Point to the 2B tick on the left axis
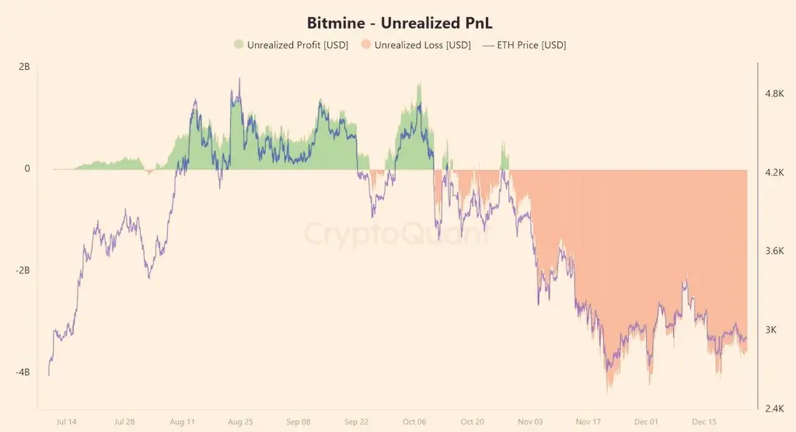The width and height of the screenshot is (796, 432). pyautogui.click(x=23, y=67)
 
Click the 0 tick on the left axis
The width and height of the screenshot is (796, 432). pyautogui.click(x=26, y=169)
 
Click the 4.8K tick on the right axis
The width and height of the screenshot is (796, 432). pyautogui.click(x=775, y=93)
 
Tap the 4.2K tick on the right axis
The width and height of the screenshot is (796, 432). pyautogui.click(x=775, y=172)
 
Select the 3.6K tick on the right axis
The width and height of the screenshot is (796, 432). pyautogui.click(x=775, y=251)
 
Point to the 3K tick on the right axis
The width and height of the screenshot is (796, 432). pyautogui.click(x=771, y=329)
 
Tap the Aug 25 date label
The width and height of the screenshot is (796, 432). pyautogui.click(x=239, y=422)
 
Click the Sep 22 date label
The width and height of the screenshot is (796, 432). pyautogui.click(x=355, y=422)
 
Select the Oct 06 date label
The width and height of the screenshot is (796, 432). pyautogui.click(x=414, y=422)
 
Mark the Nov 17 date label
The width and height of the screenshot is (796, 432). pyautogui.click(x=588, y=422)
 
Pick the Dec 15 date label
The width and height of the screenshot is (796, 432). pyautogui.click(x=704, y=422)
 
